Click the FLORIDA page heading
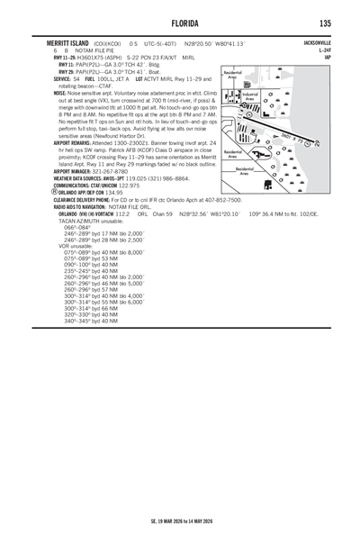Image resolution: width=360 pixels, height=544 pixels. (180, 23)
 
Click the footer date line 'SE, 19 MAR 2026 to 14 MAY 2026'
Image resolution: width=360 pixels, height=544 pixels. (180, 520)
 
